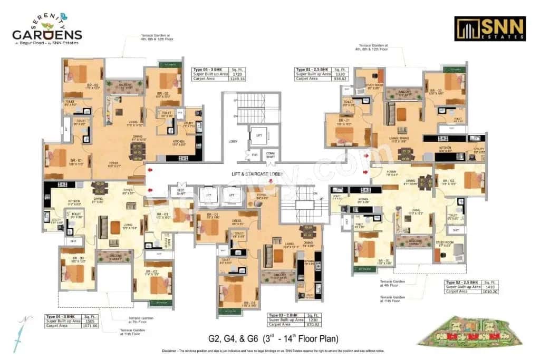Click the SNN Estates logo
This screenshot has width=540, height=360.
[490, 28]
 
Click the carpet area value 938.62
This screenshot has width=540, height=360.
[342, 79]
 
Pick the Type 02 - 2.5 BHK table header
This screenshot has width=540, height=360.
[462, 283]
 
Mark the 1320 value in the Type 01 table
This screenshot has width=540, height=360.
[342, 75]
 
